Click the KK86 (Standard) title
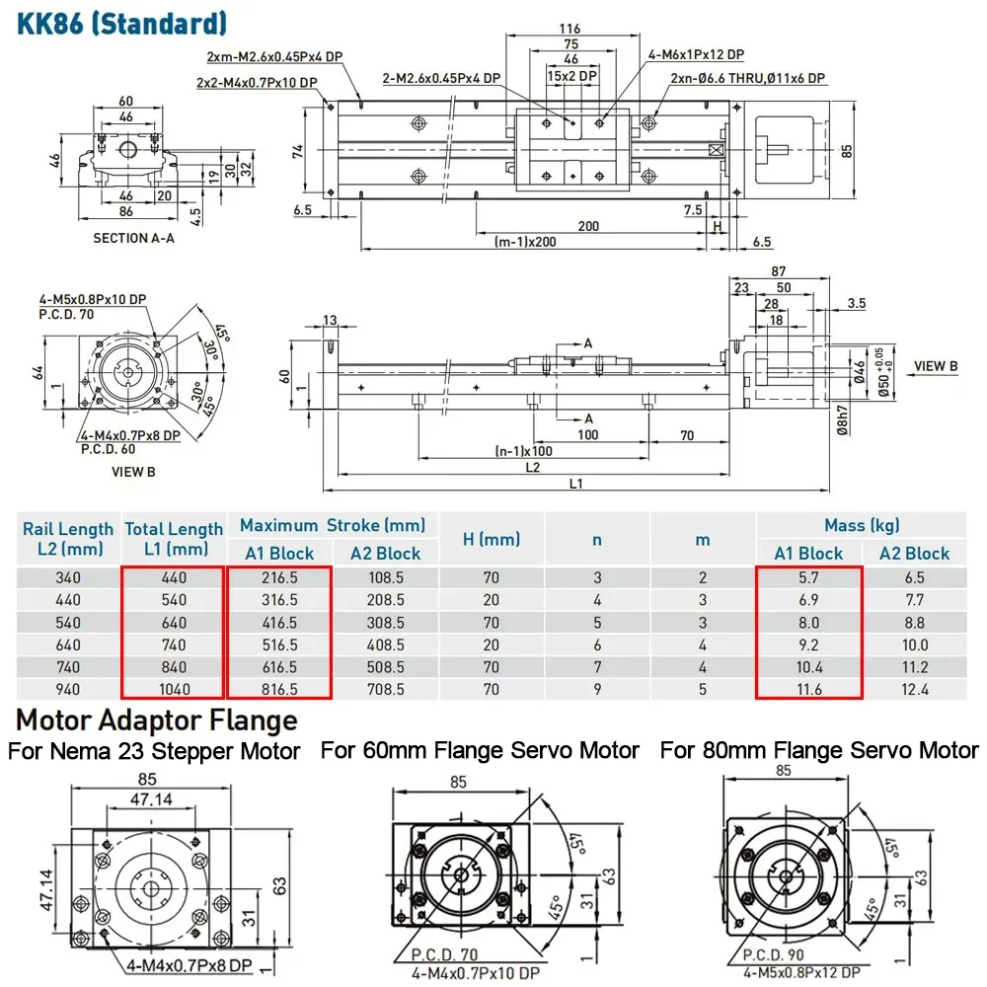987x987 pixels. click(x=122, y=22)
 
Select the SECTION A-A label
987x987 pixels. click(x=132, y=238)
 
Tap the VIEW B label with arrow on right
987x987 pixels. click(x=936, y=366)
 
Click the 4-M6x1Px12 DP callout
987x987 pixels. click(x=696, y=54)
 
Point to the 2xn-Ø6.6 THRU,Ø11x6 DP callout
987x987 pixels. click(x=748, y=78)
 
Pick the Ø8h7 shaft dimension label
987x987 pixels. click(x=842, y=422)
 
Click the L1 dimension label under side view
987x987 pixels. click(x=575, y=484)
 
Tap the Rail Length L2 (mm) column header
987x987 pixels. click(x=61, y=540)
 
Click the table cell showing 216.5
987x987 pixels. click(x=278, y=577)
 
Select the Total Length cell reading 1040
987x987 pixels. click(x=174, y=690)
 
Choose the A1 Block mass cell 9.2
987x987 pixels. click(x=807, y=645)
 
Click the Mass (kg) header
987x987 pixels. click(x=862, y=526)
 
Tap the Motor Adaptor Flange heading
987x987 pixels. click(x=157, y=720)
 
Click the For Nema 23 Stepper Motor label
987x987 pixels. click(x=154, y=752)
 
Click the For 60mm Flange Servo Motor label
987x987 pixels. click(x=480, y=751)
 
